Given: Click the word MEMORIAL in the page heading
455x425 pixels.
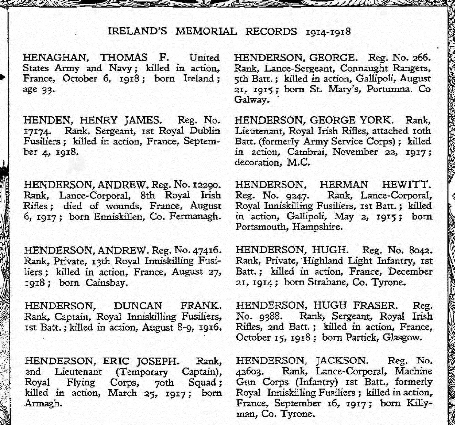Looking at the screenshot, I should click(206, 31).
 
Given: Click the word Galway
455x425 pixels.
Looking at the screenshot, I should click(251, 100).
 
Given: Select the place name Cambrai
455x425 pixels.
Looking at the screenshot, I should click(306, 152).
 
